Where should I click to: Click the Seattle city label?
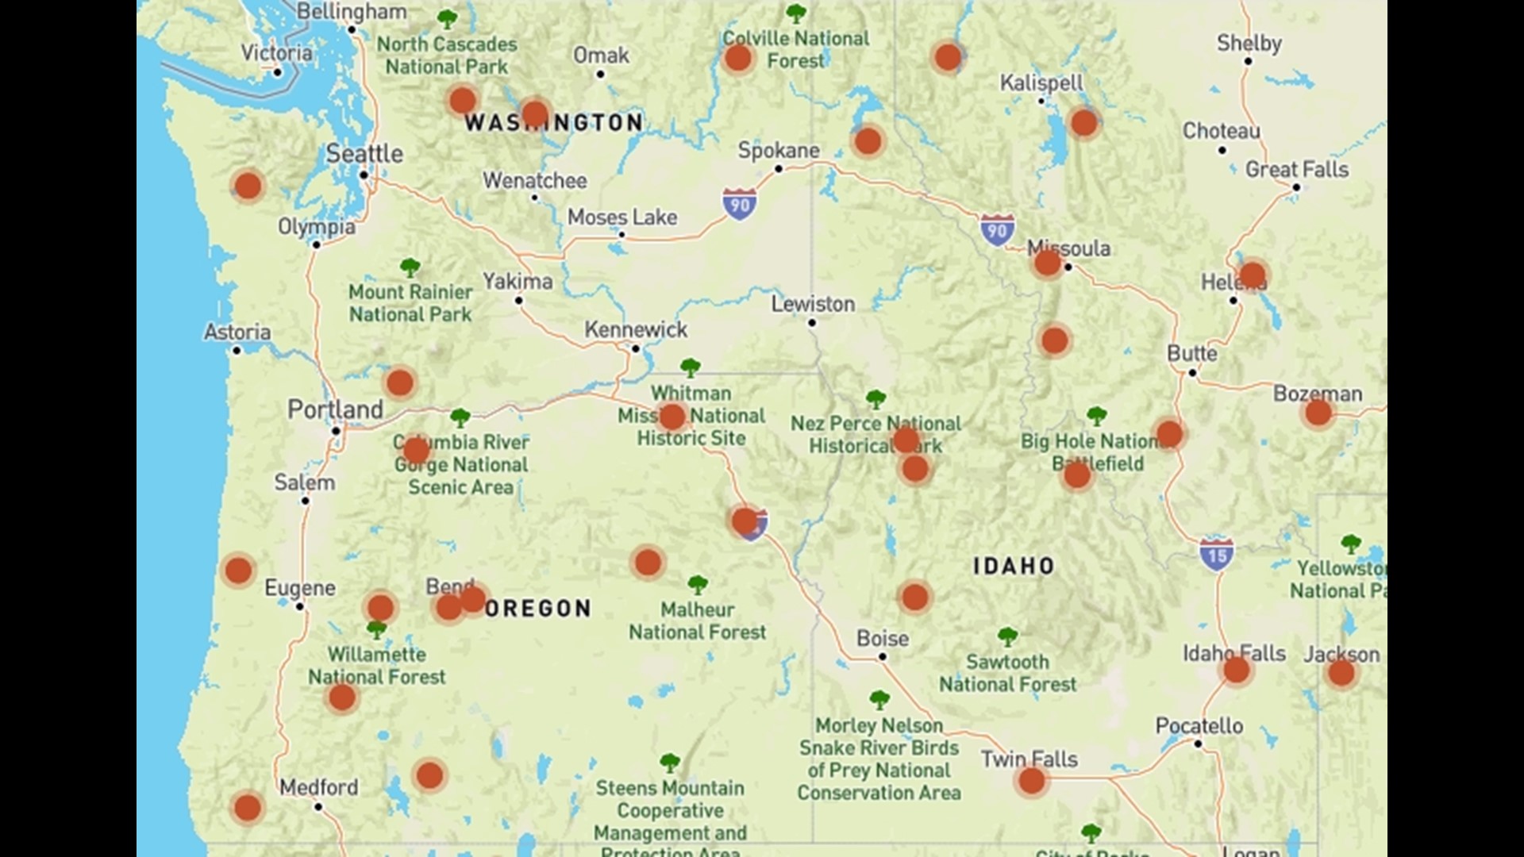[364, 153]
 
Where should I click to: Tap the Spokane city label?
[779, 150]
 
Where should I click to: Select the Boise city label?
[883, 638]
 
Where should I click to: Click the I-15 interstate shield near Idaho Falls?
[1216, 555]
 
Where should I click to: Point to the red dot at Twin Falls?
[1031, 781]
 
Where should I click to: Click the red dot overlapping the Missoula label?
[1047, 263]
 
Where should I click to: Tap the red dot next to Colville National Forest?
[738, 58]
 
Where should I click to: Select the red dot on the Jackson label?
[1341, 674]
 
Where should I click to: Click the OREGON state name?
[538, 609]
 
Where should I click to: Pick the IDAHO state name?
[1014, 566]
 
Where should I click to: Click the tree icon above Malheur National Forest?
[698, 586]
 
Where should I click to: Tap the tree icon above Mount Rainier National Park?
[410, 267]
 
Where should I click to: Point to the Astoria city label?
[237, 332]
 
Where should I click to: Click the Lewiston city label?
[813, 304]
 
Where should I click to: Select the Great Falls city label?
[1296, 169]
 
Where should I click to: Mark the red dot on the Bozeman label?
[1318, 413]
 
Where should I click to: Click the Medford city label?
[318, 787]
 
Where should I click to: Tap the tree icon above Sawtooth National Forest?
[1007, 636]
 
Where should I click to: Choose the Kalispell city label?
[1041, 83]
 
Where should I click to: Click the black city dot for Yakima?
[518, 301]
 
